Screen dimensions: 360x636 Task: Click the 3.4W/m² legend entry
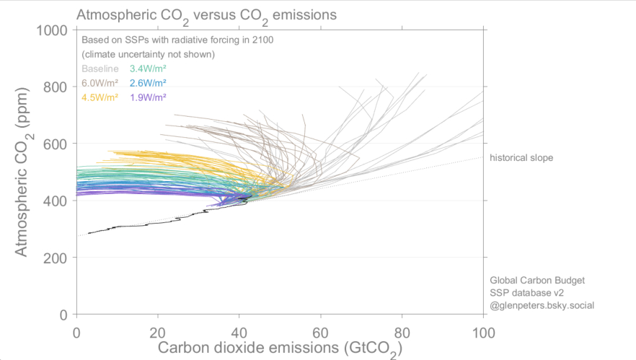pyautogui.click(x=148, y=69)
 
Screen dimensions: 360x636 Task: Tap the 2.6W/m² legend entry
pyautogui.click(x=148, y=83)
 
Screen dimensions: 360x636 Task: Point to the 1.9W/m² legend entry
pyautogui.click(x=148, y=97)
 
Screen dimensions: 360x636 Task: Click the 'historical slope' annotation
pyautogui.click(x=521, y=157)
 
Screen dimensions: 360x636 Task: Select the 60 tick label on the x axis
pyautogui.click(x=320, y=333)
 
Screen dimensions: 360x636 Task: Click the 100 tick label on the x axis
pyautogui.click(x=482, y=333)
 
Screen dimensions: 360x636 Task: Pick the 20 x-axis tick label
pyautogui.click(x=158, y=333)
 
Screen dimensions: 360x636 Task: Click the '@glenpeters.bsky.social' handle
pyautogui.click(x=542, y=306)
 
